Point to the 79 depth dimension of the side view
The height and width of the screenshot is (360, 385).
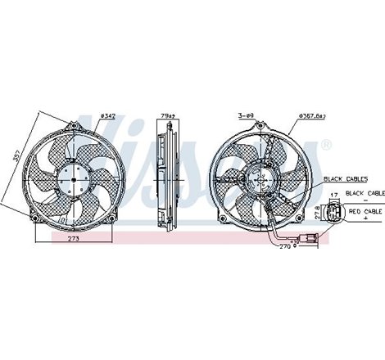[x=166, y=115]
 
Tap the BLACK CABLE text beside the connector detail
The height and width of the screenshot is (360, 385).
[x=365, y=192]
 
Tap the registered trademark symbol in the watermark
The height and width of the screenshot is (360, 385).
[x=326, y=146]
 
